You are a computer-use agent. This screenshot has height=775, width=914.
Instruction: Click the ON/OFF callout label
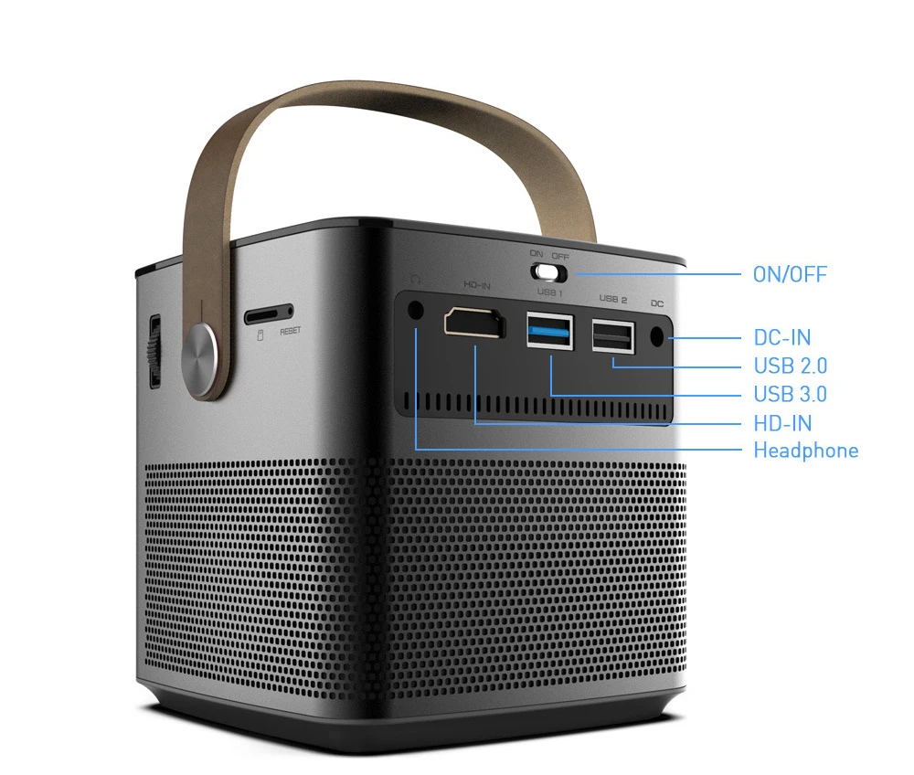coord(790,274)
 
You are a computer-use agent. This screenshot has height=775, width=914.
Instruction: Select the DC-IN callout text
coord(781,337)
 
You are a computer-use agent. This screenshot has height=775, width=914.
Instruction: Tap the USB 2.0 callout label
coord(790,366)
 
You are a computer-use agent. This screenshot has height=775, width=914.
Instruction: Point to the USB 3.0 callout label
coord(790,394)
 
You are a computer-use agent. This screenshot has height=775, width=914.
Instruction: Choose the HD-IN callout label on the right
coord(782,422)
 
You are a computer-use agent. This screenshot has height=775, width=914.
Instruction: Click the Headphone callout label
coord(805,450)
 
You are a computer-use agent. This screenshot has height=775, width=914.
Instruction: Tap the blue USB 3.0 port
coord(549,331)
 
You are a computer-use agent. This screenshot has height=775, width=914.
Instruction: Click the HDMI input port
coord(474,324)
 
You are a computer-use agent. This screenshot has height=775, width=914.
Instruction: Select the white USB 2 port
coord(613,334)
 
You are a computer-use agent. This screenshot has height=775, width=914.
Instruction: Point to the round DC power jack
coord(657,335)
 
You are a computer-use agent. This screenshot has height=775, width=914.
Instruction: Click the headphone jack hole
coord(416,310)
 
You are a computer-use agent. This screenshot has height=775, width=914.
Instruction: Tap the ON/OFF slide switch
coord(549,271)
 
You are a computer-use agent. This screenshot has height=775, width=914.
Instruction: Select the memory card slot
coord(268,314)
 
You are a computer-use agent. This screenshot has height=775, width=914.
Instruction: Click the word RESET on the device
coord(290,332)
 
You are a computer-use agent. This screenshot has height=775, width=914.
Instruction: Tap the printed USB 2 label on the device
coord(612,299)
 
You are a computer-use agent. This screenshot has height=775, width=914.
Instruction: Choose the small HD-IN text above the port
coord(476,285)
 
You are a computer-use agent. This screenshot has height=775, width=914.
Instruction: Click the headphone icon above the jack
coord(416,279)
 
